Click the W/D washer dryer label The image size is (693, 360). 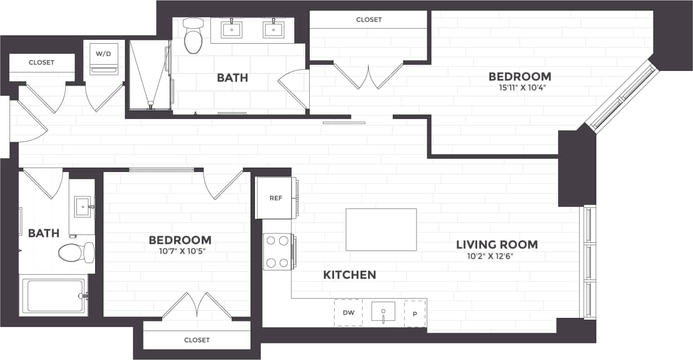103,54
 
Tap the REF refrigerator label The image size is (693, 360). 275,199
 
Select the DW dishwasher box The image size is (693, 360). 348,313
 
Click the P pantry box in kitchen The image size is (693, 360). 415,313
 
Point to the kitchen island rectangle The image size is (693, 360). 381,229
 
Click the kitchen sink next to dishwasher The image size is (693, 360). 383,312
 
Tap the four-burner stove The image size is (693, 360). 277,252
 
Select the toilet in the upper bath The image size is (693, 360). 193,36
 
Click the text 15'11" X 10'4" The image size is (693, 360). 519,87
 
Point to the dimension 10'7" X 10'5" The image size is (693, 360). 180,250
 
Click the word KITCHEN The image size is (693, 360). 350,275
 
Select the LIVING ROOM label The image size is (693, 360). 497,244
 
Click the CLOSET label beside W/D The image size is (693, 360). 41,62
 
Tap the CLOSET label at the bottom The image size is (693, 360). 197,340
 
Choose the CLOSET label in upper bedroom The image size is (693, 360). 369,20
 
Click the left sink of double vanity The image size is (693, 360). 231,29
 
